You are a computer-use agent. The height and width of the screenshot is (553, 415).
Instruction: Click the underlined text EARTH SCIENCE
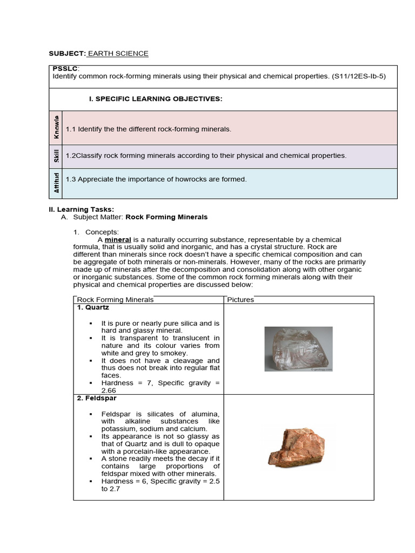(x=118, y=53)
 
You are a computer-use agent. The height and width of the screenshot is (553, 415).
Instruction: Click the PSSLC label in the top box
(x=65, y=69)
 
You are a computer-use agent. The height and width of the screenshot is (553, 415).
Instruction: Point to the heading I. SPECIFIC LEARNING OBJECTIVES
(x=156, y=99)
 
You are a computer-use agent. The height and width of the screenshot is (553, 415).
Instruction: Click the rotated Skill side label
(x=56, y=156)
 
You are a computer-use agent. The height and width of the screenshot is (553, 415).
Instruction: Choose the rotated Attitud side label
(x=56, y=183)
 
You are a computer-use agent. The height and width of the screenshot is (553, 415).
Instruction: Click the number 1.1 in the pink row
(x=70, y=130)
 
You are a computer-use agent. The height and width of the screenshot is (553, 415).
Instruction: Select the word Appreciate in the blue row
(x=95, y=179)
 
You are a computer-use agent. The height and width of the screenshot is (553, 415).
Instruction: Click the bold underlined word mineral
(x=118, y=239)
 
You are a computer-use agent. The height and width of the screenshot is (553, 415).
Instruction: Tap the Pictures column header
(x=240, y=300)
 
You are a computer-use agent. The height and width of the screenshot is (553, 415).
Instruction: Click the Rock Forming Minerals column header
(x=115, y=300)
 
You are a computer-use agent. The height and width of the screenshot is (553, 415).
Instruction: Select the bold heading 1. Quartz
(x=93, y=307)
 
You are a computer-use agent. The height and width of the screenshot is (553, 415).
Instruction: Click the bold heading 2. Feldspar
(x=97, y=399)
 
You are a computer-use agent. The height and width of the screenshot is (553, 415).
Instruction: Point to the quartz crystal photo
(x=298, y=349)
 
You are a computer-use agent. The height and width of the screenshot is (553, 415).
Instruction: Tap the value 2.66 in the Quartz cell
(x=109, y=390)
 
